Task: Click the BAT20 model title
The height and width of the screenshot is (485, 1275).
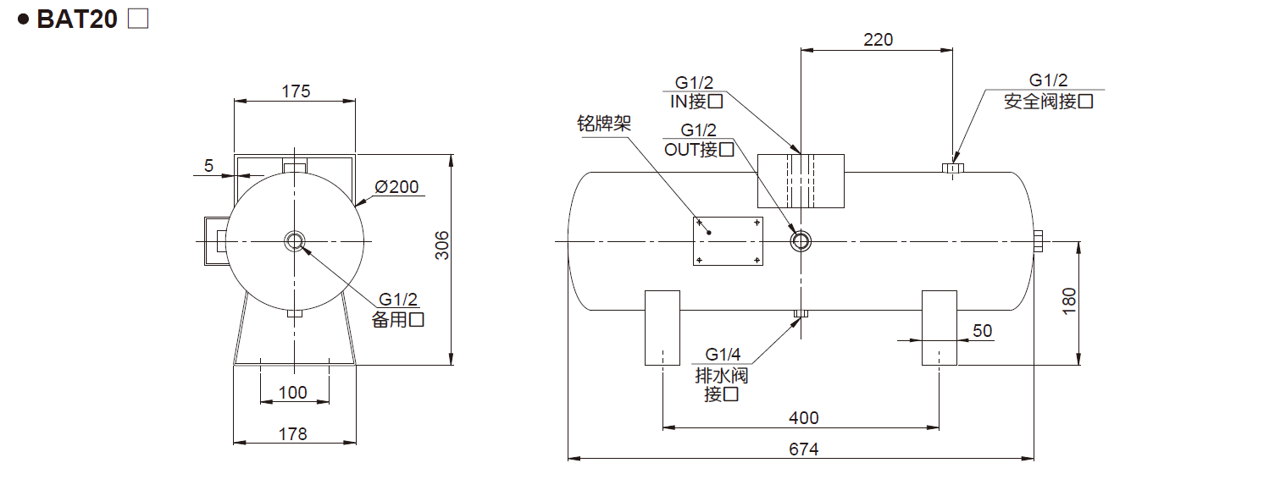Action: [76, 19]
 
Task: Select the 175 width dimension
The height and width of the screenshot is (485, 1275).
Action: [296, 91]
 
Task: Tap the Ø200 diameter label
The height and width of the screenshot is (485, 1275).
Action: [396, 187]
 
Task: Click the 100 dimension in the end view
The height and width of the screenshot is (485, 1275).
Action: [293, 392]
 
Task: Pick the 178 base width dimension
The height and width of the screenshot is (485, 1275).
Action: [293, 433]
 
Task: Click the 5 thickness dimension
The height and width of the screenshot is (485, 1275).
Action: [208, 165]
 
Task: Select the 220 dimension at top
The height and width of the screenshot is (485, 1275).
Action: [878, 39]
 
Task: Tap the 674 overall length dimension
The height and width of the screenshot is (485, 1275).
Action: [803, 449]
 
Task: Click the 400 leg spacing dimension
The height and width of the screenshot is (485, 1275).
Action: [803, 418]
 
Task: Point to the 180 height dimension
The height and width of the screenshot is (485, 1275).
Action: [1069, 302]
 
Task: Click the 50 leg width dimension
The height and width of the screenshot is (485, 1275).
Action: [982, 330]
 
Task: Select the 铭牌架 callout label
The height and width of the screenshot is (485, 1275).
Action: [605, 125]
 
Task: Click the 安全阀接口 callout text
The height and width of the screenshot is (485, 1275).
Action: [1049, 102]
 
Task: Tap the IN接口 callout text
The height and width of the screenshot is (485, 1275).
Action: [695, 102]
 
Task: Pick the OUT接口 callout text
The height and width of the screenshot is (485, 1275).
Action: [699, 150]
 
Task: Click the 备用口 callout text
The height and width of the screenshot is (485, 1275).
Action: [398, 319]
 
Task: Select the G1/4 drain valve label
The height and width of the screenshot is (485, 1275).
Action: [723, 355]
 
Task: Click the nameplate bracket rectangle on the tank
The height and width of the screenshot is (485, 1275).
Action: [729, 240]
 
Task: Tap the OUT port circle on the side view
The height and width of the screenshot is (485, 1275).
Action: [801, 241]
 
